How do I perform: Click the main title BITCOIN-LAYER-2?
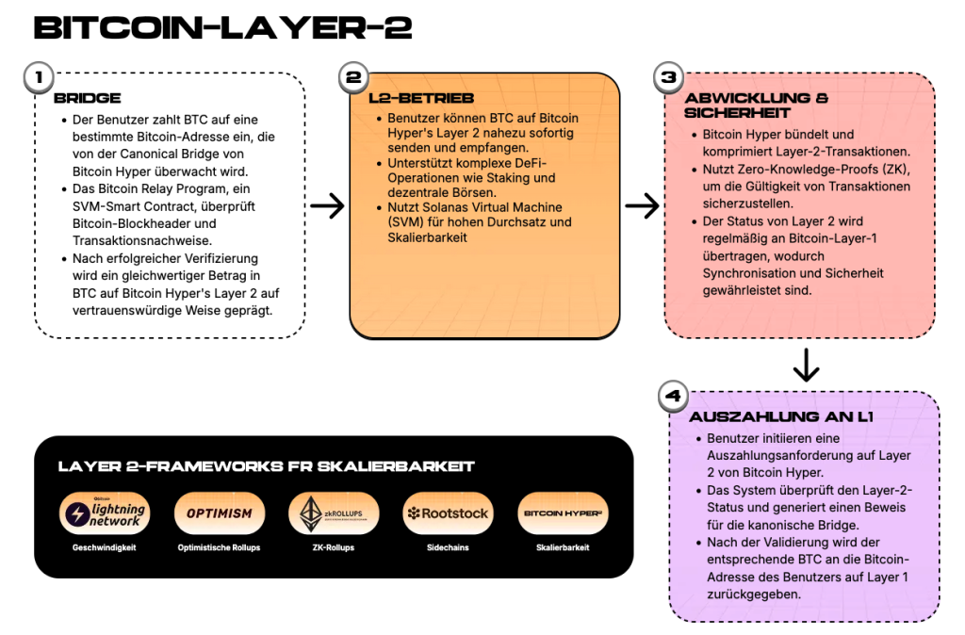coord(222,27)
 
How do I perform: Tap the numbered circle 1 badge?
coord(39,77)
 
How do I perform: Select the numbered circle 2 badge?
coord(354,77)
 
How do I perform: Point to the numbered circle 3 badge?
coord(669,77)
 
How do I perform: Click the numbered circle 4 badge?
coord(673,396)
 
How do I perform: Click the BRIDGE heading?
coord(88,98)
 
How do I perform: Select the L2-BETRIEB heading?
coord(421,98)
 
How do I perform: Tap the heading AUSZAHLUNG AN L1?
coord(781,416)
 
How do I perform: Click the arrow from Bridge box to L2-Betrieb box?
coord(327,205)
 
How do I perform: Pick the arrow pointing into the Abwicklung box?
coord(643,205)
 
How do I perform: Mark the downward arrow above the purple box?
coord(807,366)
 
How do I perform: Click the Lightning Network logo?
coord(105,513)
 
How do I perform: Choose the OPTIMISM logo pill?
coord(220,513)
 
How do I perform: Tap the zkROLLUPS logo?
coord(334,513)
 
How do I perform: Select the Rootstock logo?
coord(448,513)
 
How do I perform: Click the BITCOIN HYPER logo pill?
coord(564,513)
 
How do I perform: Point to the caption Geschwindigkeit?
coord(104,547)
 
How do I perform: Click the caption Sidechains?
coord(448,547)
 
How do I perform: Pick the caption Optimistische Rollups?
coord(219,547)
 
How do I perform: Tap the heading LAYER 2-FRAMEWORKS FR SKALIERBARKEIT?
coord(266,466)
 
